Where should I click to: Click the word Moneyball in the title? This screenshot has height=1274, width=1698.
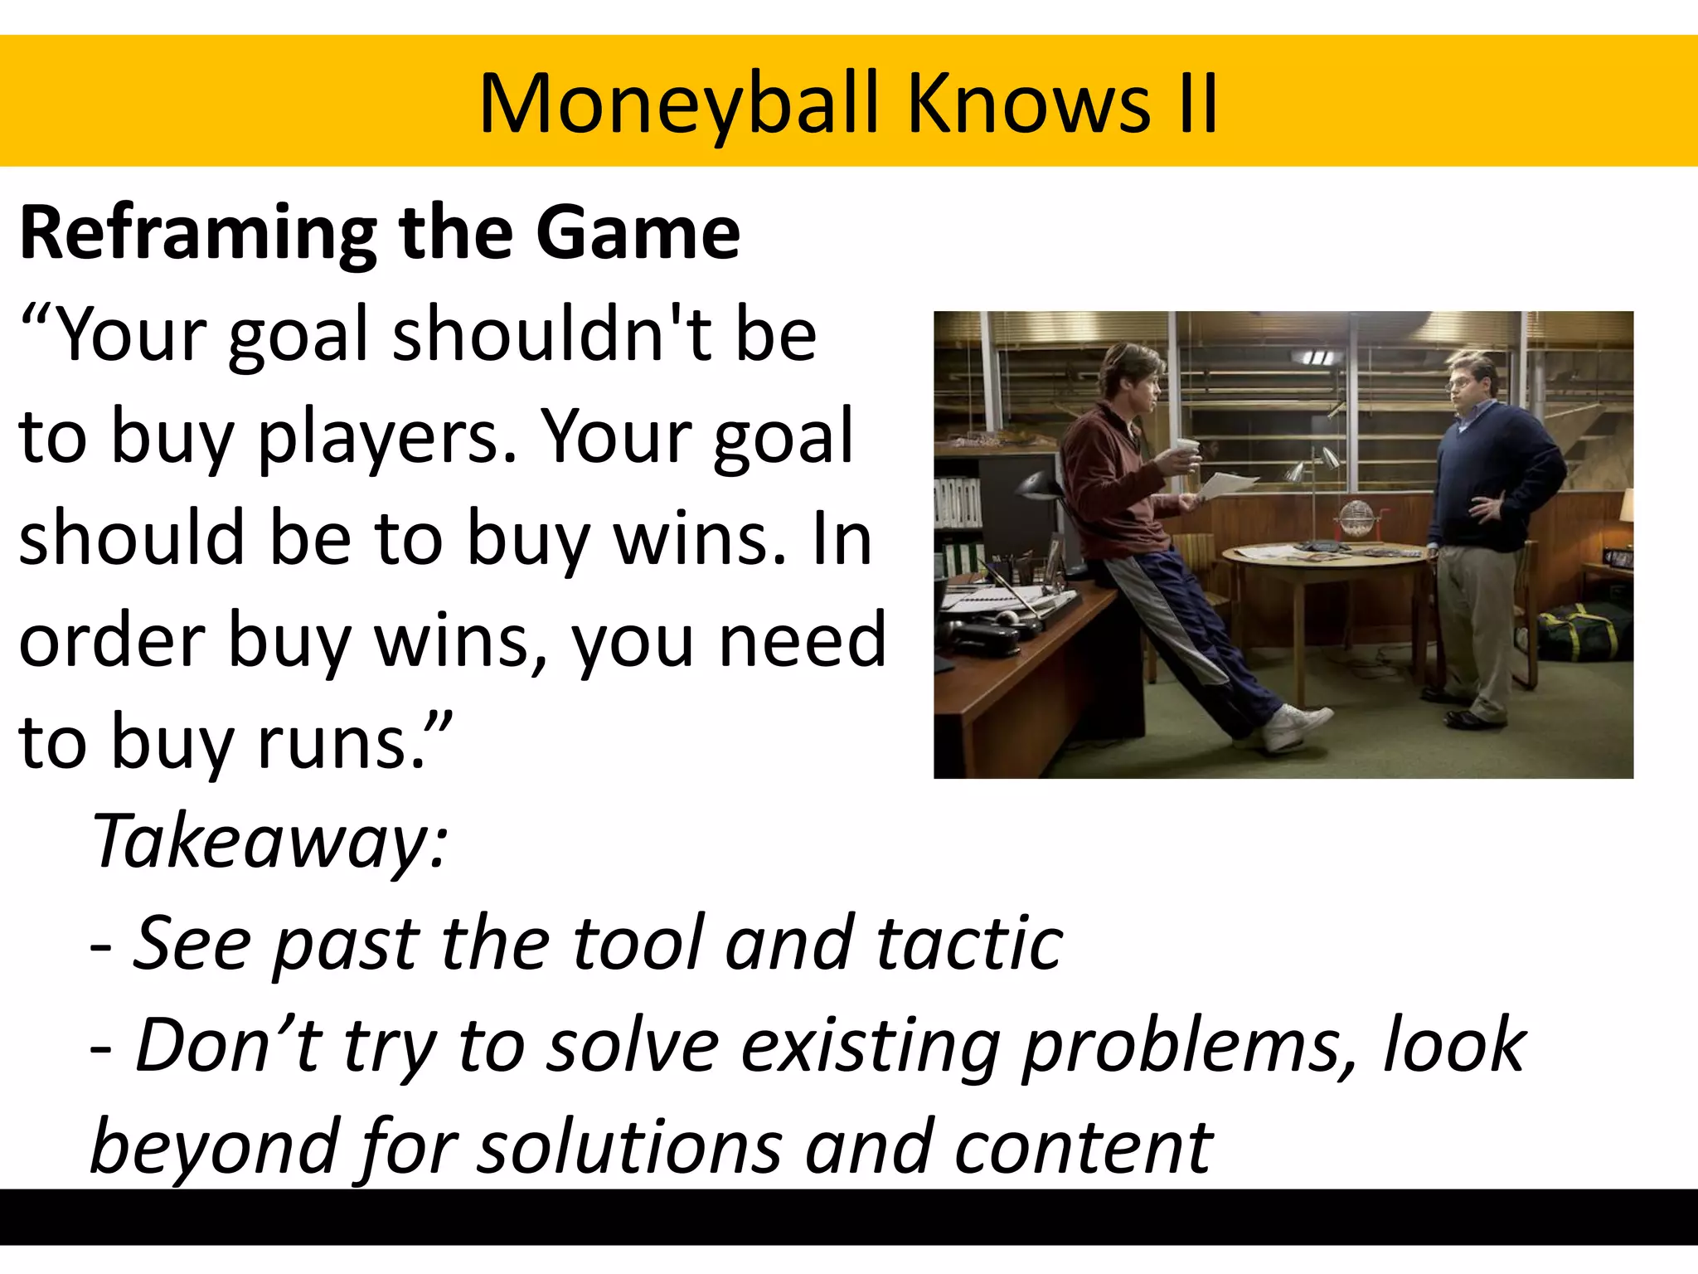(678, 104)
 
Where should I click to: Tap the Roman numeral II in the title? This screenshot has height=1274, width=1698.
(1195, 104)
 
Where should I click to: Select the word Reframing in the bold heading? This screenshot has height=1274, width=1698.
(198, 235)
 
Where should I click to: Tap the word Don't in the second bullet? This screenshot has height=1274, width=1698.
(228, 1045)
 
